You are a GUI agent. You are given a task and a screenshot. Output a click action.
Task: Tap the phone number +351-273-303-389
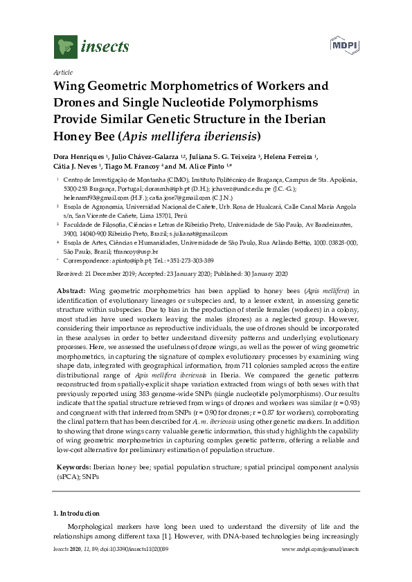tap(189, 261)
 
